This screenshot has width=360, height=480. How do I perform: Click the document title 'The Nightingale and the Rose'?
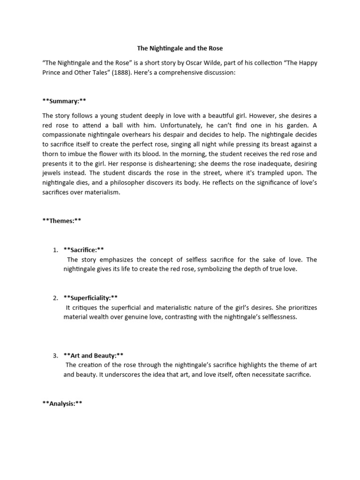tap(180, 48)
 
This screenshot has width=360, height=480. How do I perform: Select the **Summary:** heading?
tap(64, 101)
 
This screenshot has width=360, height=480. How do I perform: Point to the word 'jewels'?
tap(52, 173)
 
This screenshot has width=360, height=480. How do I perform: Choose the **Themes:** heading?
tap(62, 221)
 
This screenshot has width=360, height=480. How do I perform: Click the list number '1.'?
tap(55, 250)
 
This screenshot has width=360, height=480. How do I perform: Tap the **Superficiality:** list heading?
tap(90, 298)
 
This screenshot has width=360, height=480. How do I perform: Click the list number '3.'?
tap(55, 355)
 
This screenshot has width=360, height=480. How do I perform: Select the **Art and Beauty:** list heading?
tap(93, 355)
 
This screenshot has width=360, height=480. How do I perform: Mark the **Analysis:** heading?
tap(62, 404)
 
